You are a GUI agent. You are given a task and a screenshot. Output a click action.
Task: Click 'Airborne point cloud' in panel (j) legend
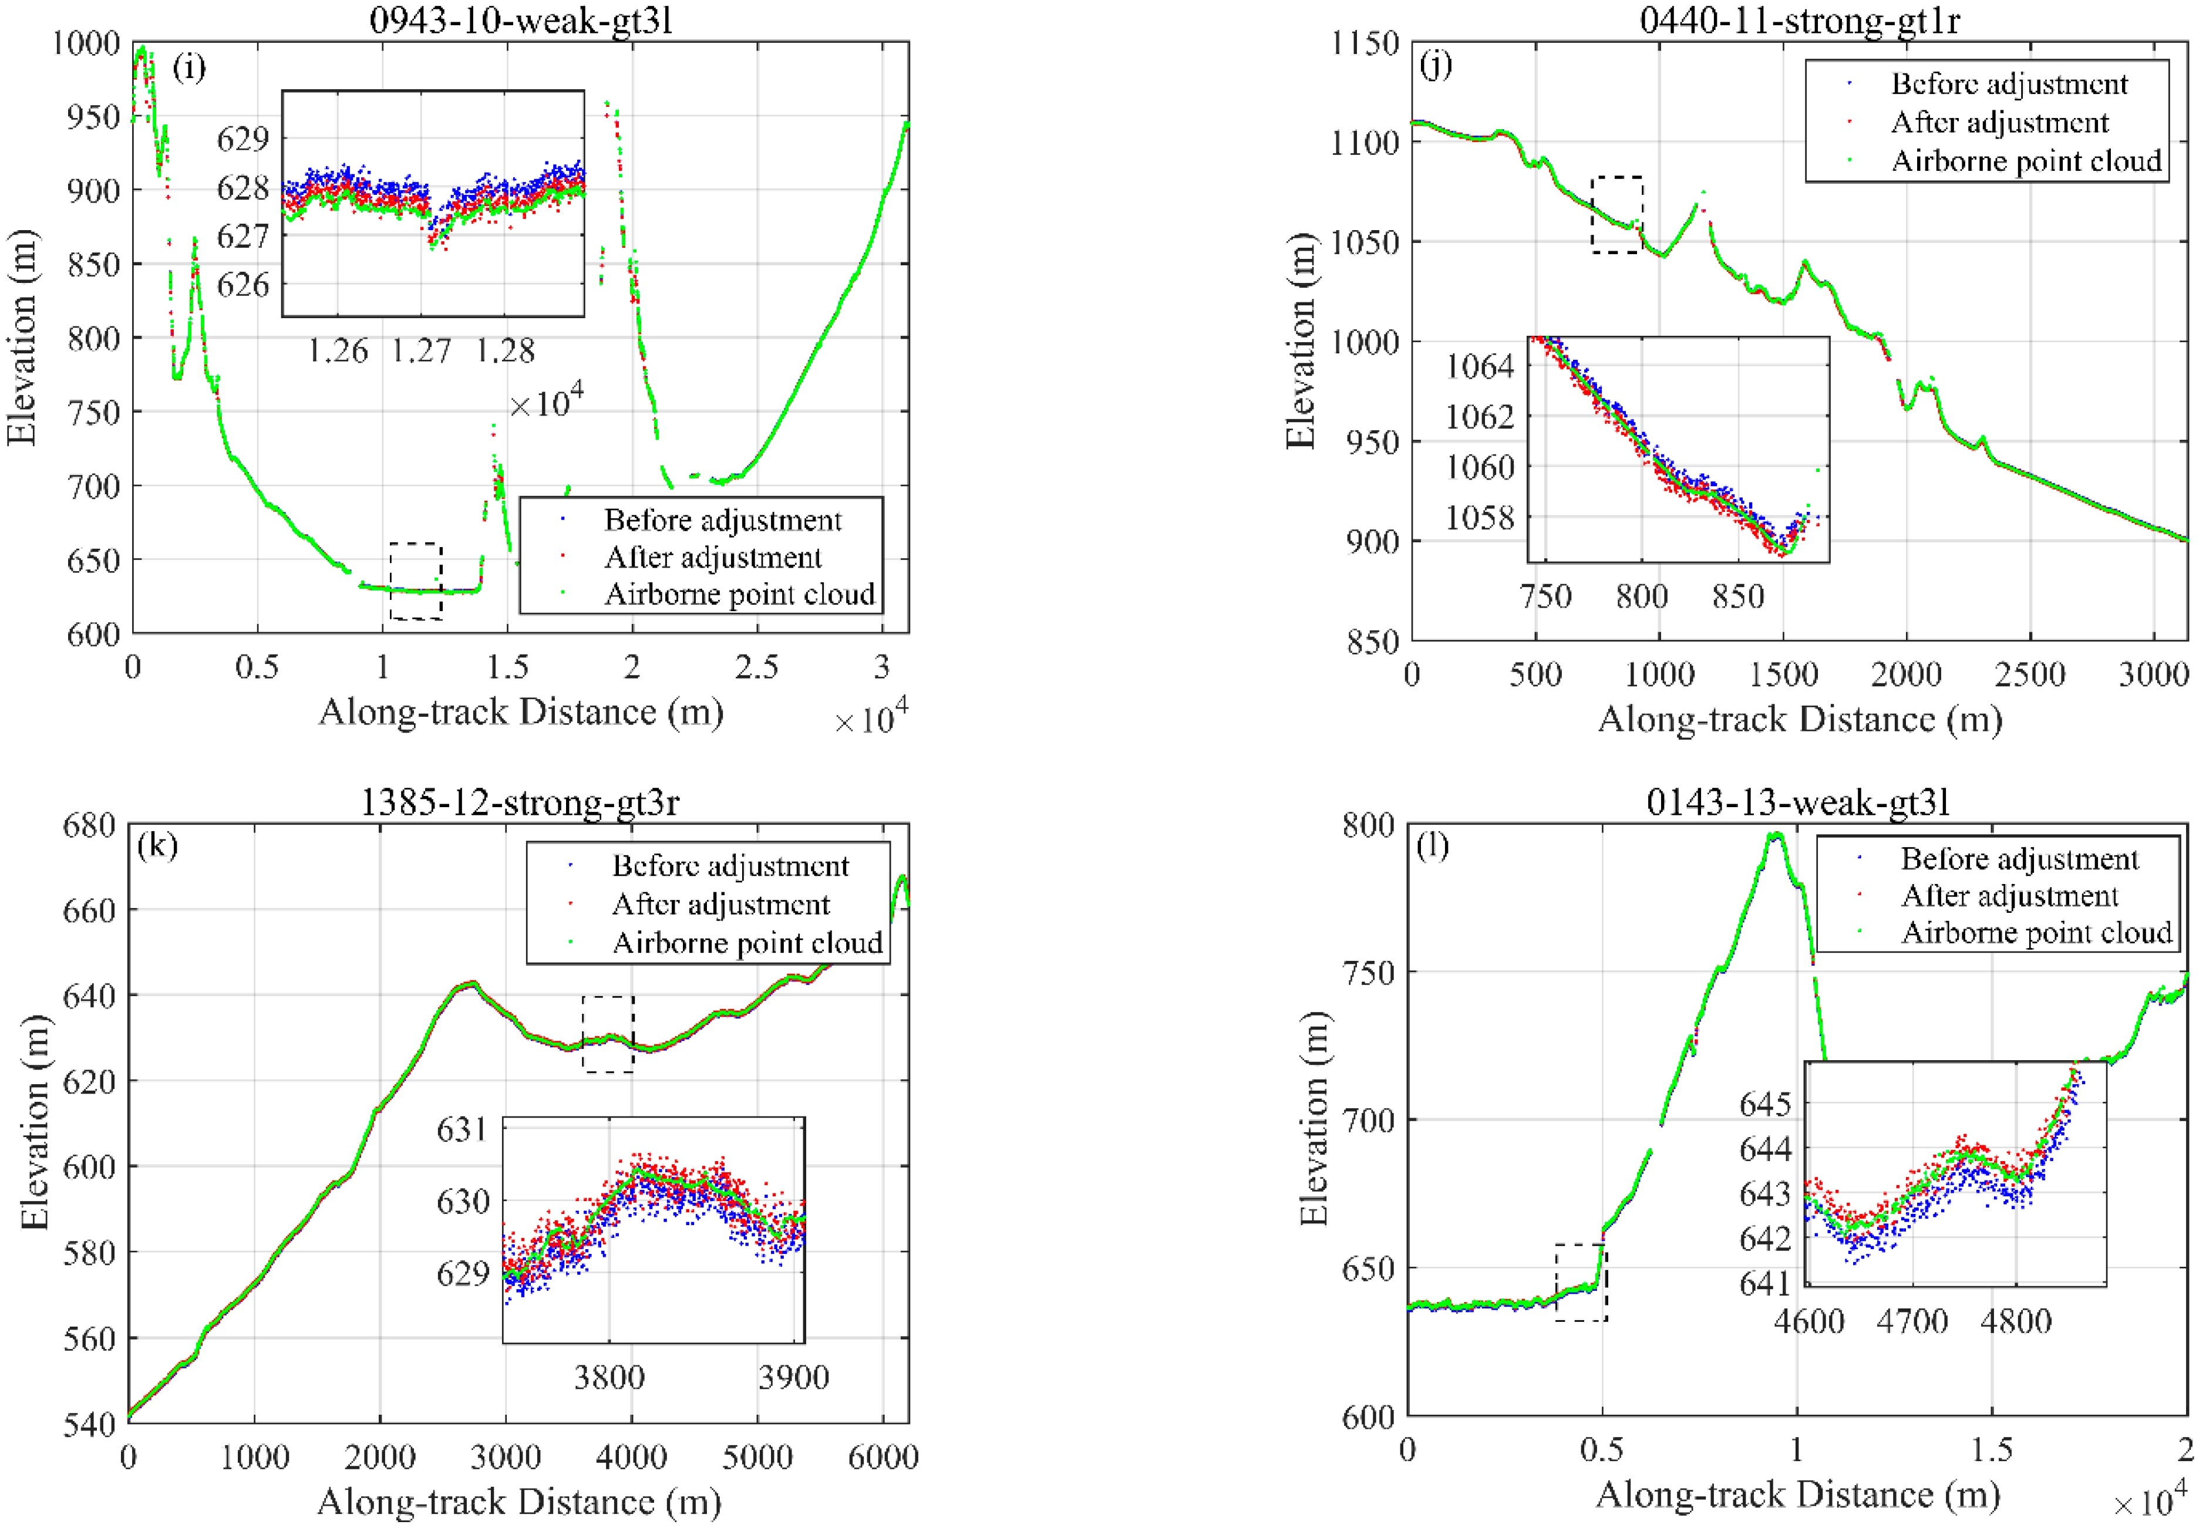point(2026,161)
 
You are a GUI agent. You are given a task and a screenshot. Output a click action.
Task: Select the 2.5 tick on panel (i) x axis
point(756,667)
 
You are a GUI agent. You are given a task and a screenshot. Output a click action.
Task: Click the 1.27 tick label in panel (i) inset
point(420,352)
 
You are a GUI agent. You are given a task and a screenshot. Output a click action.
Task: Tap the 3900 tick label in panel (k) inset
point(793,1378)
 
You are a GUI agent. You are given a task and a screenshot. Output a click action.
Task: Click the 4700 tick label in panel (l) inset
point(1911,1322)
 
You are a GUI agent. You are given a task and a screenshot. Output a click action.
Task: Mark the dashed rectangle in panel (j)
point(1617,214)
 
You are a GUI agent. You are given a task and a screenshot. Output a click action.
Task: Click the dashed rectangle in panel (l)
point(1580,1283)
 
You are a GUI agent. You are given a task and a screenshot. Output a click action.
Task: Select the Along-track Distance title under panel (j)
point(1799,719)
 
